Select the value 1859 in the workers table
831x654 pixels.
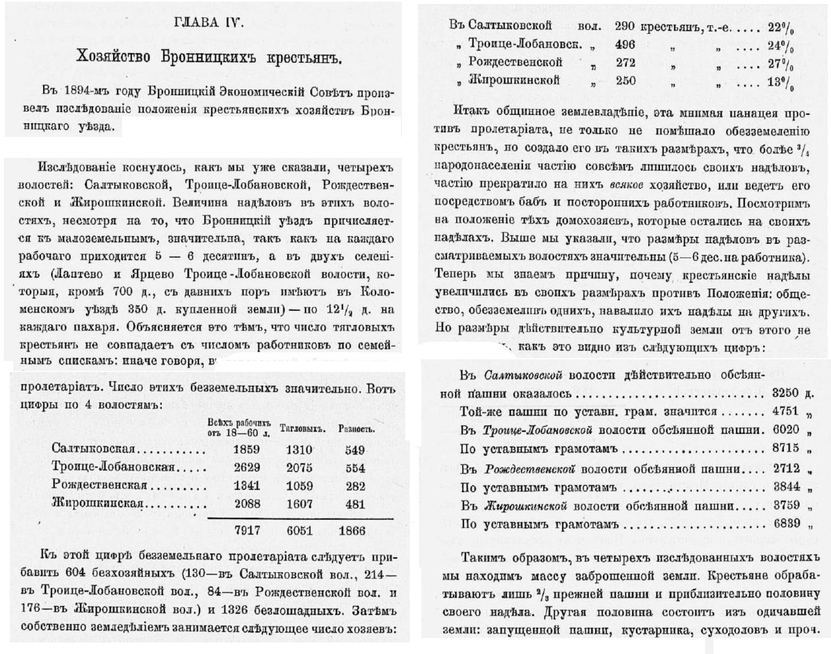pyautogui.click(x=246, y=450)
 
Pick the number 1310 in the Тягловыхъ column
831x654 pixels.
pyautogui.click(x=299, y=450)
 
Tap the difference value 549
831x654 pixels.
pyautogui.click(x=354, y=450)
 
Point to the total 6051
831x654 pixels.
pyautogui.click(x=299, y=530)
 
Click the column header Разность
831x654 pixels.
pyautogui.click(x=356, y=429)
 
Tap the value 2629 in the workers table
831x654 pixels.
pyautogui.click(x=246, y=468)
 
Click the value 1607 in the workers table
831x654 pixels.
pyautogui.click(x=299, y=504)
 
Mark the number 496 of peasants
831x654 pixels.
pyautogui.click(x=624, y=45)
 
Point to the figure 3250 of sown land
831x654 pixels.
pyautogui.click(x=785, y=393)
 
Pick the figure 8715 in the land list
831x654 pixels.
pyautogui.click(x=785, y=448)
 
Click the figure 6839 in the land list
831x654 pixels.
pyautogui.click(x=785, y=523)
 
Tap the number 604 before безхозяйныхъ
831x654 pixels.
pyautogui.click(x=75, y=572)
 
